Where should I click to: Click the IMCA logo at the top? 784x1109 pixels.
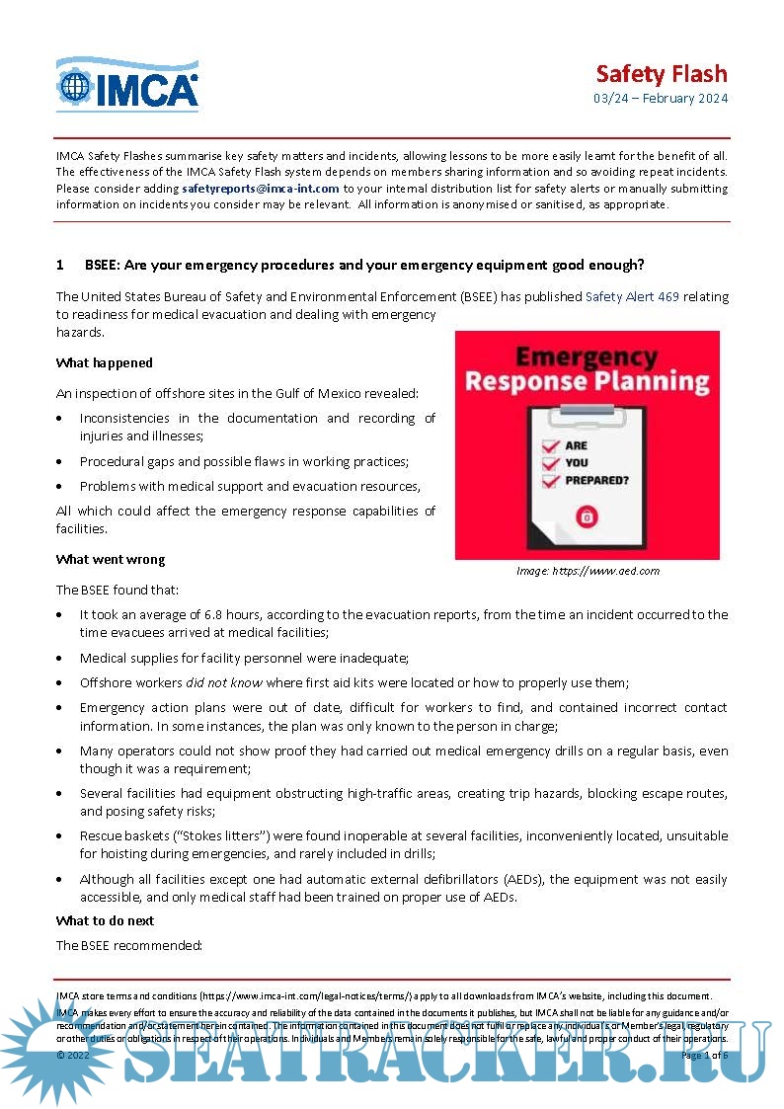coord(127,84)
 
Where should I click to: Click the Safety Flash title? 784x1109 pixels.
coord(661,74)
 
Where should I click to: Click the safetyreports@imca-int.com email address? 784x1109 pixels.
coord(261,188)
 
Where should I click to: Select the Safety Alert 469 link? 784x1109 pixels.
coord(632,296)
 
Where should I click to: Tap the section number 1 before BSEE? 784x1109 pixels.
coord(60,265)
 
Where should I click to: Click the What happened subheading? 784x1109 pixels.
coord(105,362)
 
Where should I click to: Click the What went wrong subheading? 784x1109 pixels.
coord(111,560)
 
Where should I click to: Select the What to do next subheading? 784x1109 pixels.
coord(105,920)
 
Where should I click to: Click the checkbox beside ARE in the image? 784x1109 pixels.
coord(551,445)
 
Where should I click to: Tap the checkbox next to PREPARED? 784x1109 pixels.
coord(551,481)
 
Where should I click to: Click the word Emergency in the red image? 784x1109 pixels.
coord(587,356)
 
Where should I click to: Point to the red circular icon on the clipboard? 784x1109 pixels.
coord(587,515)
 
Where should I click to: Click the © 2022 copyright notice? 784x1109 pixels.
coord(73,1056)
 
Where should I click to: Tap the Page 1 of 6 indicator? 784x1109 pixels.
coord(704,1056)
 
